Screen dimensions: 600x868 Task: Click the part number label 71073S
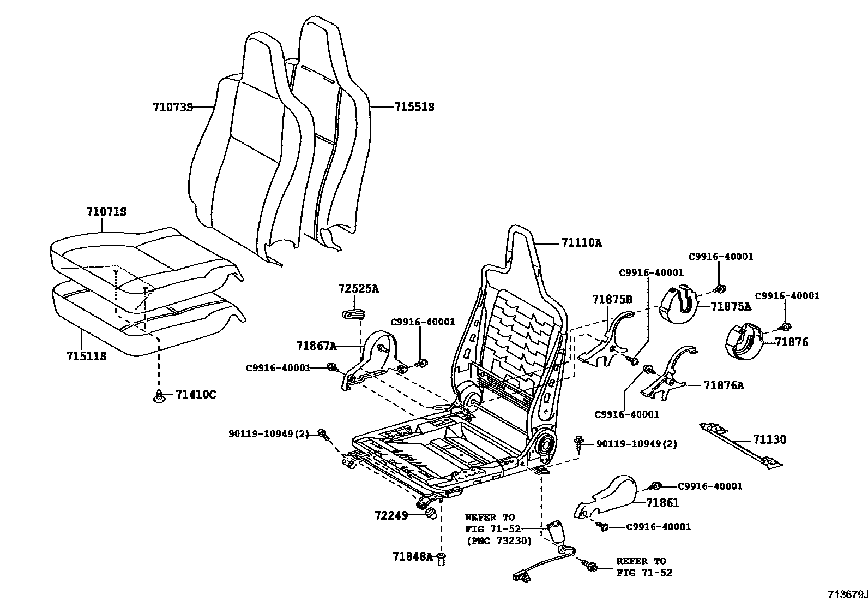[x=173, y=108]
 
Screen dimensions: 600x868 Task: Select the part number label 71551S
[x=414, y=107]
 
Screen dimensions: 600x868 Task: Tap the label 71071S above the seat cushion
[x=106, y=211]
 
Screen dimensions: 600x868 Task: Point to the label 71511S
[x=86, y=357]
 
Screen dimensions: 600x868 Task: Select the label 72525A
[x=358, y=288]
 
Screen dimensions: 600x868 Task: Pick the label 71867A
[x=316, y=346]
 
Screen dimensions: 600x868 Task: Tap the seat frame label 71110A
[x=582, y=242]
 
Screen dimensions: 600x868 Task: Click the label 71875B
[x=612, y=299]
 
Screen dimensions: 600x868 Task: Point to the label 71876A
[x=724, y=385]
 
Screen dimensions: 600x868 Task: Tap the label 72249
[x=391, y=515]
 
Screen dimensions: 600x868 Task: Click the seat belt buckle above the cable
[x=556, y=532]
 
